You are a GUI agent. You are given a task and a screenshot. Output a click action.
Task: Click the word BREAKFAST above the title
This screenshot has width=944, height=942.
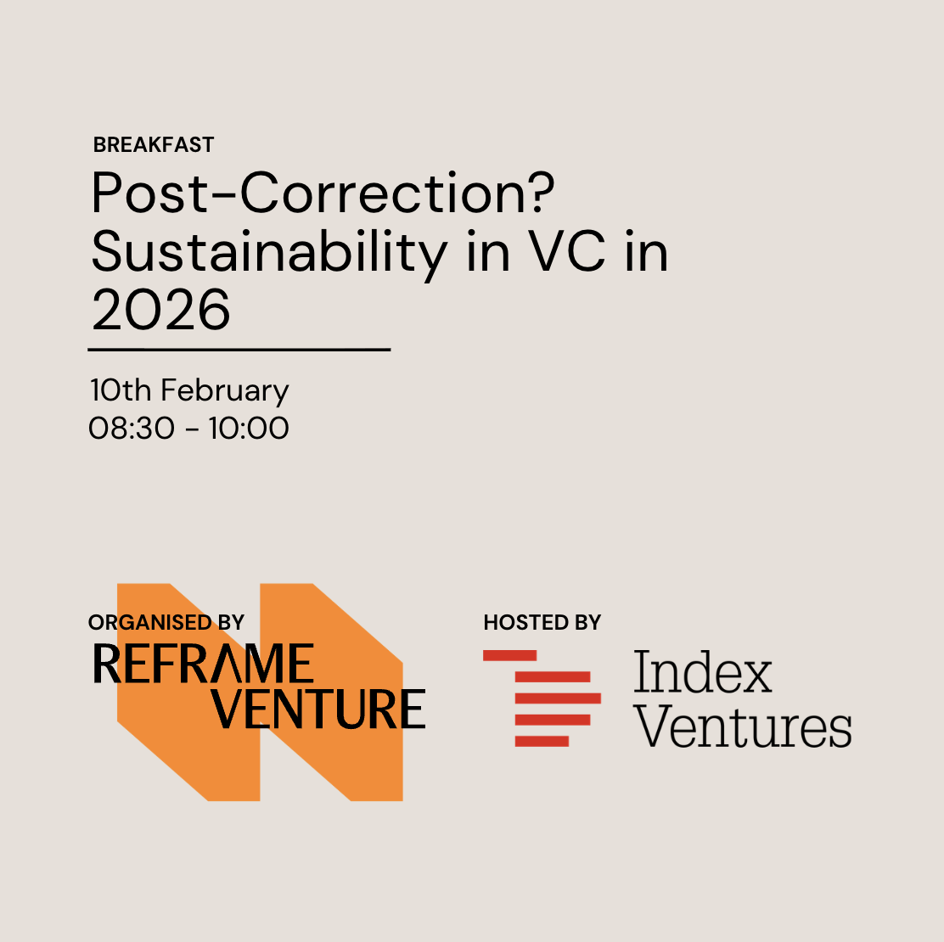(x=154, y=144)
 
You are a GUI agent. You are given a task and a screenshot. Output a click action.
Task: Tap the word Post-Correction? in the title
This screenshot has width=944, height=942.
(x=323, y=193)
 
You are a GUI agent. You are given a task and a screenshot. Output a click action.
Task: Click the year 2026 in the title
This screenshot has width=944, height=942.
(x=160, y=310)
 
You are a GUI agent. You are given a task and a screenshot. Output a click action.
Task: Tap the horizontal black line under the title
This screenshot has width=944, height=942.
(x=239, y=349)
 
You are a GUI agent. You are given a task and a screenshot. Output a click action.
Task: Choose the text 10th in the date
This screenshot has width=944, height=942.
(x=121, y=390)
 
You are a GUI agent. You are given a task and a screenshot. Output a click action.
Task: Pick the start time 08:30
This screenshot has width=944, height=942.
(x=132, y=428)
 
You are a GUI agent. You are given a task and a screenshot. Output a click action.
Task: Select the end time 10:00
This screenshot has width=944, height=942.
(x=249, y=428)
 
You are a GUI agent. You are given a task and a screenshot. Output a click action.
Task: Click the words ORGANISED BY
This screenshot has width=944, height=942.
(x=166, y=622)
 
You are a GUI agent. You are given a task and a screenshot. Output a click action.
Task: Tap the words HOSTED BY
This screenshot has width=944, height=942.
(x=542, y=622)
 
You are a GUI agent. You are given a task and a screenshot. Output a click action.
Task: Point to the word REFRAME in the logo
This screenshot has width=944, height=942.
(x=204, y=664)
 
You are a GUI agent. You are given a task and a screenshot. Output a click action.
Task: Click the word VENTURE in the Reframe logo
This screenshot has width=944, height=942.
(x=317, y=709)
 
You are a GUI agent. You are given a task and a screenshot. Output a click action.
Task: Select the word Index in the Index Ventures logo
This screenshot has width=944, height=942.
(x=702, y=671)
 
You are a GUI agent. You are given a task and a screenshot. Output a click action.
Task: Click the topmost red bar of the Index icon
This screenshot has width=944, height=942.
(x=509, y=655)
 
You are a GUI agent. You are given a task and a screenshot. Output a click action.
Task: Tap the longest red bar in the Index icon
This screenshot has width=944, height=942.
(x=558, y=698)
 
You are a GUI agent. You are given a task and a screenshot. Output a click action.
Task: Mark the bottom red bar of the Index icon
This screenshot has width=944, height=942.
(x=542, y=741)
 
